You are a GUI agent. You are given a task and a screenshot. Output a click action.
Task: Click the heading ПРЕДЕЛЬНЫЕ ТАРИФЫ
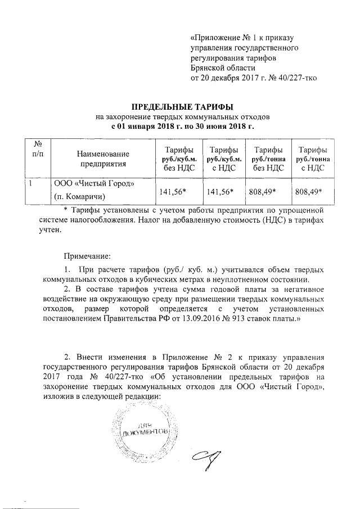181,107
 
